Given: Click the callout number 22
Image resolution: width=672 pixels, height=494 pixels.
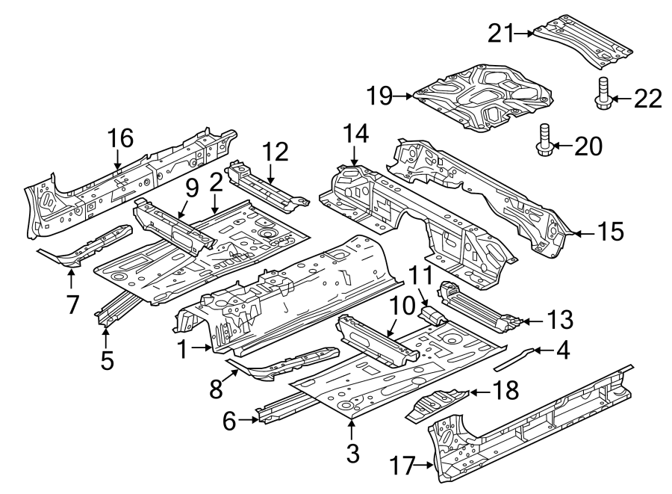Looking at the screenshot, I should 647,98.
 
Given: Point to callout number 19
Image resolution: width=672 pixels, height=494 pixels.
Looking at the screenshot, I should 380,96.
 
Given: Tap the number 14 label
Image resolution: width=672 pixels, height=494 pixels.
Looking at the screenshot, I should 356,135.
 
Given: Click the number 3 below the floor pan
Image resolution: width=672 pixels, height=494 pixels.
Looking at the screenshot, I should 352,452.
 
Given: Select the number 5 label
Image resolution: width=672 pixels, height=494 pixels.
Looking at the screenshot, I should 108,360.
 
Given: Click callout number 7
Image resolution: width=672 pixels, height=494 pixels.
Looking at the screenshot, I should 72,304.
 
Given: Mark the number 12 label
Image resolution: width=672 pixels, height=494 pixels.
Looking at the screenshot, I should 275,152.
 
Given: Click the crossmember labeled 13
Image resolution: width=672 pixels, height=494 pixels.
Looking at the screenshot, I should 478,307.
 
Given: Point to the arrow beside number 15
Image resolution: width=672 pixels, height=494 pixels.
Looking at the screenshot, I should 585,232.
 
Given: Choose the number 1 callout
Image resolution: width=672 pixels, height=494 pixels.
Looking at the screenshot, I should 182,348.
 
